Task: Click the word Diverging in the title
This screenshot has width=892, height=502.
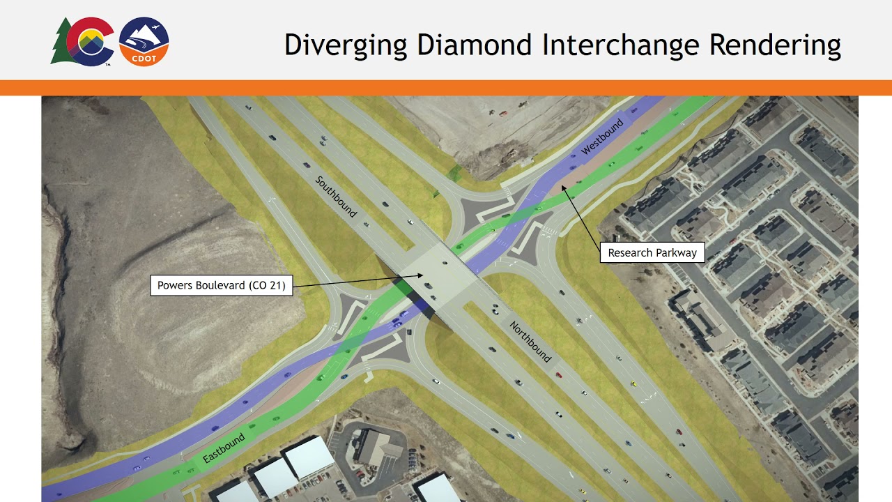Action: [x=346, y=45]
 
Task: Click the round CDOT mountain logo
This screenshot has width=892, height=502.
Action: [x=144, y=42]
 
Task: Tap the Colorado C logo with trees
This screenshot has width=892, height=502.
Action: [x=83, y=42]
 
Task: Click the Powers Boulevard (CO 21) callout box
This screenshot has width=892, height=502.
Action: [x=222, y=285]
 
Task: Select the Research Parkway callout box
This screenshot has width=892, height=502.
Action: [x=652, y=252]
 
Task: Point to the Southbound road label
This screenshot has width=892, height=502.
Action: [x=336, y=197]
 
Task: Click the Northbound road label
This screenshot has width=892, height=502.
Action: [x=530, y=342]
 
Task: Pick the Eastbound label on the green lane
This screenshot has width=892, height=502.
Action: [x=224, y=449]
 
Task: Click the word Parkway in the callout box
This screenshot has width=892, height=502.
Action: [x=675, y=252]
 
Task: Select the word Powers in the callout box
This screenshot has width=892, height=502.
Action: [x=174, y=285]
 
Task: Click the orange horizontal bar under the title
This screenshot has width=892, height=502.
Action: [x=446, y=88]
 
